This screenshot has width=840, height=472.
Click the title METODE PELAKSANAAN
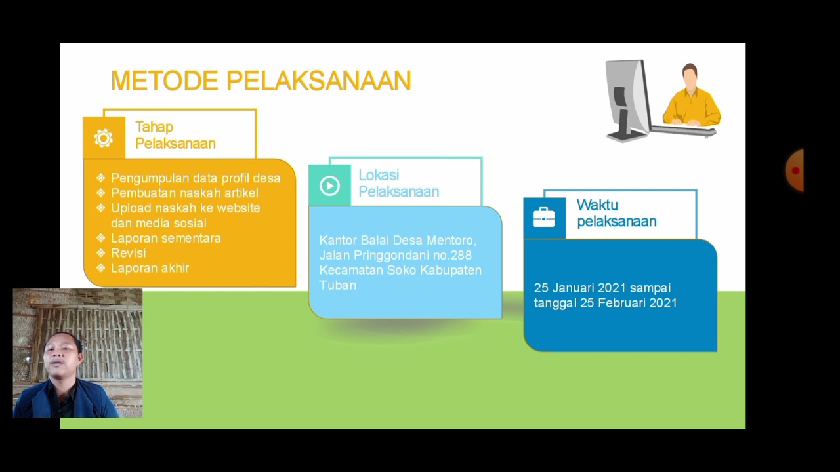(x=261, y=81)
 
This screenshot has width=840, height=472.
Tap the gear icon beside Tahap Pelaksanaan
(x=104, y=138)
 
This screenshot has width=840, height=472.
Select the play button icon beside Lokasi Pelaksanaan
(x=329, y=186)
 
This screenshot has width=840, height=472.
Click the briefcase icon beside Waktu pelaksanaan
(x=544, y=217)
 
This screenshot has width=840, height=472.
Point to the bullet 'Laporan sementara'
(x=165, y=238)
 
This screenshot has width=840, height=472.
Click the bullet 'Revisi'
(x=128, y=253)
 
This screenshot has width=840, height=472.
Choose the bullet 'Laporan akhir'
(x=150, y=268)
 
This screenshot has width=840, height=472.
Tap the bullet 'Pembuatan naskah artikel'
(x=184, y=193)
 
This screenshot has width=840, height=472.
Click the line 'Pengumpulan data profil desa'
(x=195, y=178)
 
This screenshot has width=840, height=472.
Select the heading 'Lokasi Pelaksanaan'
(x=398, y=184)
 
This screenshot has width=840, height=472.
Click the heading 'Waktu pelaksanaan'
(x=616, y=213)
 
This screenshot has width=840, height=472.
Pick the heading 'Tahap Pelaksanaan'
(x=175, y=135)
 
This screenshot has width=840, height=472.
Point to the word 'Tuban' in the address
(x=337, y=285)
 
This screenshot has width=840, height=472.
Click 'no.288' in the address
(x=451, y=255)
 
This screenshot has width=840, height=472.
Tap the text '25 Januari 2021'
(x=579, y=288)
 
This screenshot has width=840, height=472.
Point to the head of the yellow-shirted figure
(x=689, y=75)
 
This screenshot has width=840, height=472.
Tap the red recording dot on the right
(x=795, y=171)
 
